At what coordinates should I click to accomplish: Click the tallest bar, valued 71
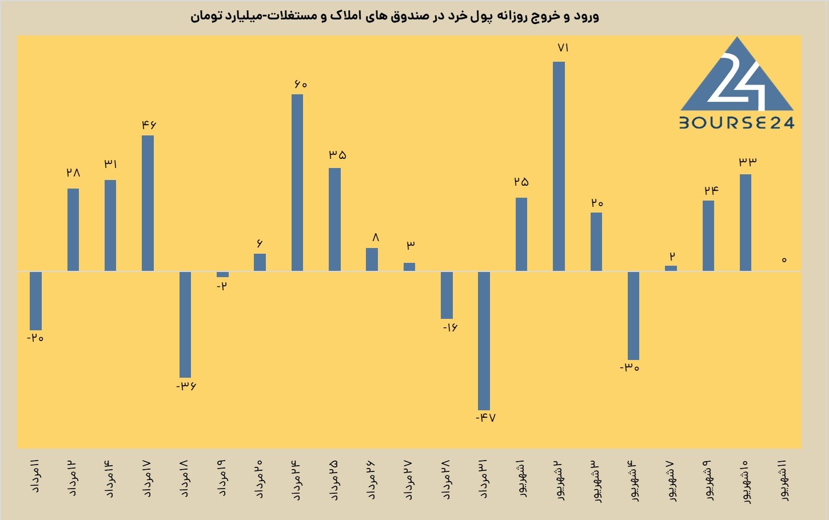click(x=559, y=166)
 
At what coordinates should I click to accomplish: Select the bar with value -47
click(x=484, y=341)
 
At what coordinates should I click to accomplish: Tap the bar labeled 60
click(x=297, y=183)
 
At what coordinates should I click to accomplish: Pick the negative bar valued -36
click(x=185, y=325)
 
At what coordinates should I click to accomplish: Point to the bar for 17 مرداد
click(x=148, y=203)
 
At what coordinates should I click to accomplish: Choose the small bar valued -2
click(x=222, y=274)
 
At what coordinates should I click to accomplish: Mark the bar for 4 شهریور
click(x=633, y=316)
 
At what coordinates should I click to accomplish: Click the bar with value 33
click(x=746, y=223)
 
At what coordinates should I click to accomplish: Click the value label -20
click(x=35, y=338)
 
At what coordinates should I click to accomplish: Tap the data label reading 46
click(x=149, y=125)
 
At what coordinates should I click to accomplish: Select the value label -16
click(x=450, y=327)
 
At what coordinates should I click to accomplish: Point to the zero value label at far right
click(x=784, y=260)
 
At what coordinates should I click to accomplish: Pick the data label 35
click(x=337, y=155)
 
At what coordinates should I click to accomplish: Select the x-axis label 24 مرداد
click(x=297, y=479)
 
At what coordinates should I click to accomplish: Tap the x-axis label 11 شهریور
click(x=783, y=481)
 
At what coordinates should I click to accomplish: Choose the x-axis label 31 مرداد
click(x=484, y=479)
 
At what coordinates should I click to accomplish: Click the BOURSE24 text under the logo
click(x=736, y=123)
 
